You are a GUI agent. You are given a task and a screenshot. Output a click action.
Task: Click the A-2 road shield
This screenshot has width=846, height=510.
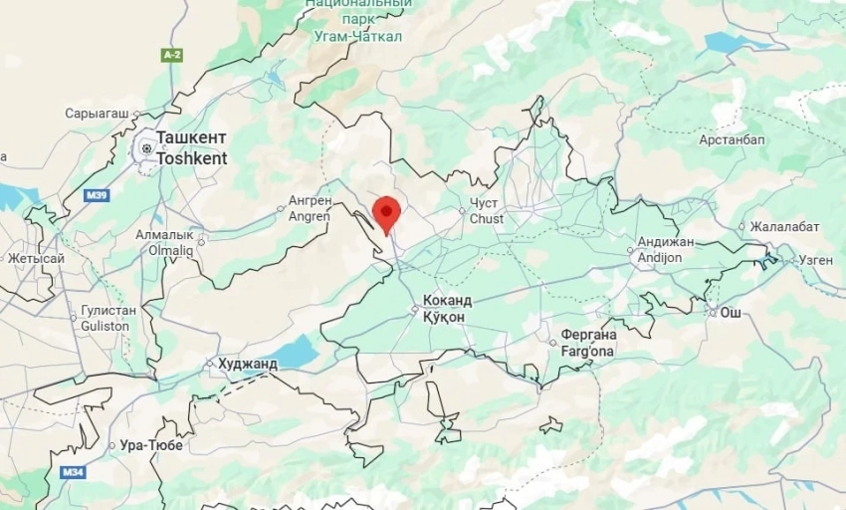pos(172,55)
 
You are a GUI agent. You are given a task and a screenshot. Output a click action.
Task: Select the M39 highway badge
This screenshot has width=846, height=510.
pos(97,194)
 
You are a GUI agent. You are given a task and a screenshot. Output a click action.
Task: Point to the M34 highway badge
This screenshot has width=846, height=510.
pos(72,471)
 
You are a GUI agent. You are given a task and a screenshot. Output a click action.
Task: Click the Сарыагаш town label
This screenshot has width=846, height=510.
pos(97,114)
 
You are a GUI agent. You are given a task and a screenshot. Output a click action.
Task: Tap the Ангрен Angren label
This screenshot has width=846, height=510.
pos(310,207)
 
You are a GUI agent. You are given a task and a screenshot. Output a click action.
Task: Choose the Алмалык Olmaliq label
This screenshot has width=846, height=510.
pos(164,243)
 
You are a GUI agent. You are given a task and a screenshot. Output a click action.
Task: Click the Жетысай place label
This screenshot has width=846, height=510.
pos(36,259)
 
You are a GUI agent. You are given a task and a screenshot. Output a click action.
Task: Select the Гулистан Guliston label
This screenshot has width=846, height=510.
pos(106,319)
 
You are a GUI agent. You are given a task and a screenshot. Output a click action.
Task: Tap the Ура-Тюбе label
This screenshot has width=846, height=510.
pos(150,445)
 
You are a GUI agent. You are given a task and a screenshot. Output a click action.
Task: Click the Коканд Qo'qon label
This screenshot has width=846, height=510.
pos(447,308)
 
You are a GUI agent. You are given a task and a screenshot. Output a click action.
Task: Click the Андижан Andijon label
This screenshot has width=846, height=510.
pos(665,249)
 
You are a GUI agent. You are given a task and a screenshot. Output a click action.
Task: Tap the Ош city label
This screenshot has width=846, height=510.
pos(731,313)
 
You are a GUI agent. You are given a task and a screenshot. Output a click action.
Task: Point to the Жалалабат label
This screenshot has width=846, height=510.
pos(784,226)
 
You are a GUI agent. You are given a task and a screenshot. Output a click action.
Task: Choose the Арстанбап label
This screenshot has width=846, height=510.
pos(732,139)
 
